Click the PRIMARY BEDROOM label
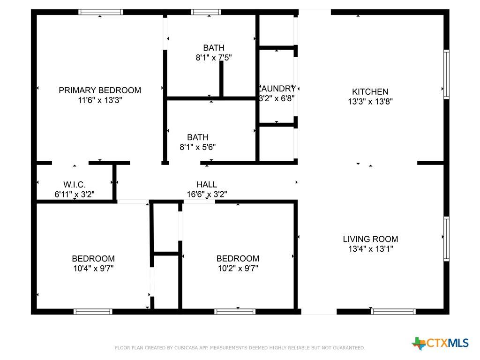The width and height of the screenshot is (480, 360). click(100, 90)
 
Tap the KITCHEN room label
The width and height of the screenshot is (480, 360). click(370, 92)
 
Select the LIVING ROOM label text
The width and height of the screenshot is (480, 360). click(370, 239)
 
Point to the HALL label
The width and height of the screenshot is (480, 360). click(207, 185)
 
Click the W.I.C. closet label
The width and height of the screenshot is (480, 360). click(75, 185)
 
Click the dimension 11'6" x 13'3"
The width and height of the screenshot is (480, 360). click(100, 100)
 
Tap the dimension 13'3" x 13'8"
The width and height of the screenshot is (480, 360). click(370, 102)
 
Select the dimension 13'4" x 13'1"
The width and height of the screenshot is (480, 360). click(370, 249)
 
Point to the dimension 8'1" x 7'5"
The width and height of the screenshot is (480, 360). click(214, 58)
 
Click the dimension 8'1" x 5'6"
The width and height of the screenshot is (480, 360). click(198, 147)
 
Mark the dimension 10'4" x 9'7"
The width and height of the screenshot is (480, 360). click(93, 269)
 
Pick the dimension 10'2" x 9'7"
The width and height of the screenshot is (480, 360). click(238, 269)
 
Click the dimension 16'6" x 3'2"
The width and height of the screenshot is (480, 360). click(207, 194)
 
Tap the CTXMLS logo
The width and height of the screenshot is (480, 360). click(440, 343)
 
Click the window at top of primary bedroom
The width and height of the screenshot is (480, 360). click(101, 12)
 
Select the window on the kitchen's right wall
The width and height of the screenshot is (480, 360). click(446, 74)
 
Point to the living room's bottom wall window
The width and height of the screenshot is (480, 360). click(393, 311)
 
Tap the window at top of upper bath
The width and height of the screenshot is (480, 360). click(206, 12)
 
